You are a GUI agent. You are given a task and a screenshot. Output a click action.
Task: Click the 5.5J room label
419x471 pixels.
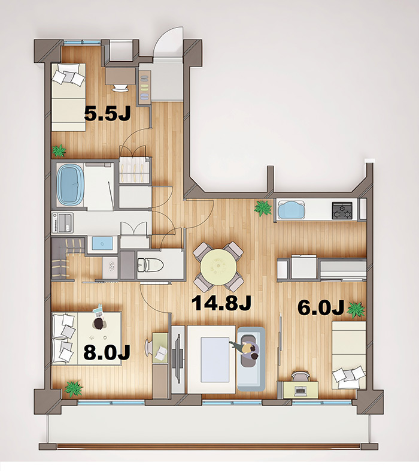click(107, 113)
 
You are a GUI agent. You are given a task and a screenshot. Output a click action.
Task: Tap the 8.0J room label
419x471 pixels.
click(107, 352)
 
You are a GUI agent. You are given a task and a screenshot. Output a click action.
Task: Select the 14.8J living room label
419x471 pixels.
click(221, 303)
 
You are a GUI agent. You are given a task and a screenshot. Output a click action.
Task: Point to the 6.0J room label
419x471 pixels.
click(321, 308)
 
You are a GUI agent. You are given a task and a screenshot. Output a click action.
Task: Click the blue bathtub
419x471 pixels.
click(71, 185)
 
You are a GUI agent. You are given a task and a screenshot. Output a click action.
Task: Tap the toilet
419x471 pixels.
click(151, 265)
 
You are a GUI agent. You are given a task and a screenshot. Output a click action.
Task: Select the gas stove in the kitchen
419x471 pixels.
click(342, 210)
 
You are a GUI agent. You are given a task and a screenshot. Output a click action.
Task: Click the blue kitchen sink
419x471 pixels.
click(292, 210)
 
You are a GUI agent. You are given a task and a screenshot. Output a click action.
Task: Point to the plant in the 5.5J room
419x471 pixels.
click(59, 151)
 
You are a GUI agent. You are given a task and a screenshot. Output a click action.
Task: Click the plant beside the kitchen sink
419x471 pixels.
click(263, 208)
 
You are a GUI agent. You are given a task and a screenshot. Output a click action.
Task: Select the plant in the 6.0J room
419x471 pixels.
click(356, 310)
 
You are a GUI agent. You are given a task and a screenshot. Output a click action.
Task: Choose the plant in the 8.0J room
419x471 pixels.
click(74, 388)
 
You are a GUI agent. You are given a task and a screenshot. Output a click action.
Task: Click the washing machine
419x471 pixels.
click(62, 222)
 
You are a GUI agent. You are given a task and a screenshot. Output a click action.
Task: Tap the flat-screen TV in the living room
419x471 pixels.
click(178, 359)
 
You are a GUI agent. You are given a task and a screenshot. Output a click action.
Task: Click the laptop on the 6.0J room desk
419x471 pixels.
click(300, 391)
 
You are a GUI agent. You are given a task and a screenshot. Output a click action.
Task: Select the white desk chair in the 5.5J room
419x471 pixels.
click(120, 87)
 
